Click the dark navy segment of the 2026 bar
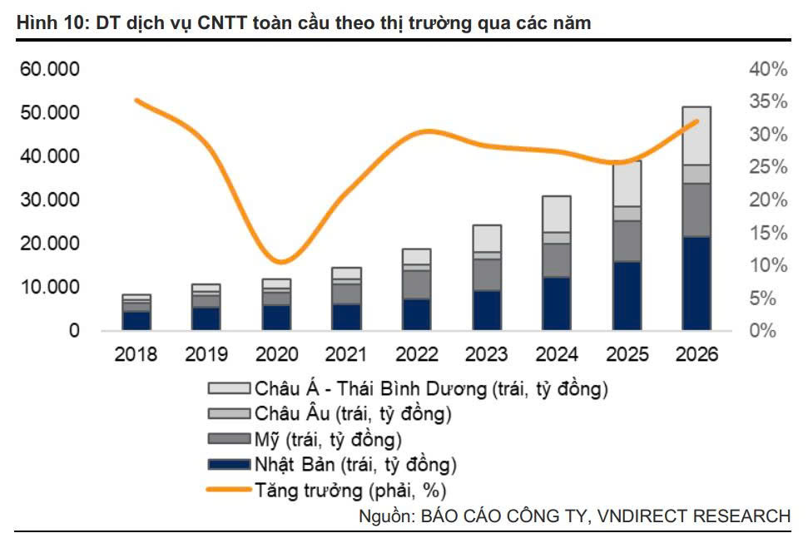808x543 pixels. [696, 283]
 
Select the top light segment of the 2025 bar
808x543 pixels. [627, 184]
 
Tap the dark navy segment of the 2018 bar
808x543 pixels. [137, 320]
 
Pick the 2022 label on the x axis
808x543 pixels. [417, 353]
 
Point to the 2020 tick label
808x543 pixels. [277, 353]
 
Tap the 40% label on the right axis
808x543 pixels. [767, 70]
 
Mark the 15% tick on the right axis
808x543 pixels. [767, 233]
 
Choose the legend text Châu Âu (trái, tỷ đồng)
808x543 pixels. [354, 413]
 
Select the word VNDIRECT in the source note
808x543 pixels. [637, 516]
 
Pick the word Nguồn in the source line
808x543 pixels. [385, 516]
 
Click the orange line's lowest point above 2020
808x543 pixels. [283, 263]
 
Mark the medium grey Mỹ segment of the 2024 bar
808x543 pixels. [557, 260]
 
